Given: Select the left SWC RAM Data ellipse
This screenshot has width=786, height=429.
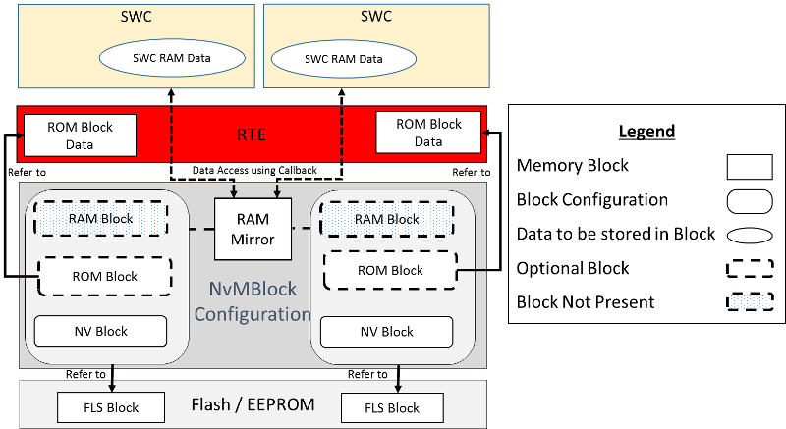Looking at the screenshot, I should (173, 58).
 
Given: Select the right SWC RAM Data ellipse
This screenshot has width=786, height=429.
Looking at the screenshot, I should (343, 58).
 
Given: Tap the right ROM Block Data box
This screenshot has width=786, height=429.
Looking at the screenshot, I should (428, 134).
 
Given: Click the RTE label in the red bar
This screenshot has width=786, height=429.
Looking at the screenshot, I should (252, 134).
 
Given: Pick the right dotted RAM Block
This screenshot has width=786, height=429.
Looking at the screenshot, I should (386, 219).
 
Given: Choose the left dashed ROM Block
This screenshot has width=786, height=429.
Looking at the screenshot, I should (103, 276).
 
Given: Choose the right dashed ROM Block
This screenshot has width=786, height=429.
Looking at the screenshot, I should (391, 270).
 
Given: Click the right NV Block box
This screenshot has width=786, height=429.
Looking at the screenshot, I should (383, 331).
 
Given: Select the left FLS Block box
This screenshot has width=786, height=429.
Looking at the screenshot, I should (99, 407).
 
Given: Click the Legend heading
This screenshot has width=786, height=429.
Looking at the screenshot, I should (646, 132).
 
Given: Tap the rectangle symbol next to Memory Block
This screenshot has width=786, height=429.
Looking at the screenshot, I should (750, 166).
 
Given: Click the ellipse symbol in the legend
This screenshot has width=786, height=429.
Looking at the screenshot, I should (750, 234).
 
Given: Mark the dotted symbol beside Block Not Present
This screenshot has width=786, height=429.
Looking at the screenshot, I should (750, 302).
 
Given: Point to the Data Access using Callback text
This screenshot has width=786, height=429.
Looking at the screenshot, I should (253, 170).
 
